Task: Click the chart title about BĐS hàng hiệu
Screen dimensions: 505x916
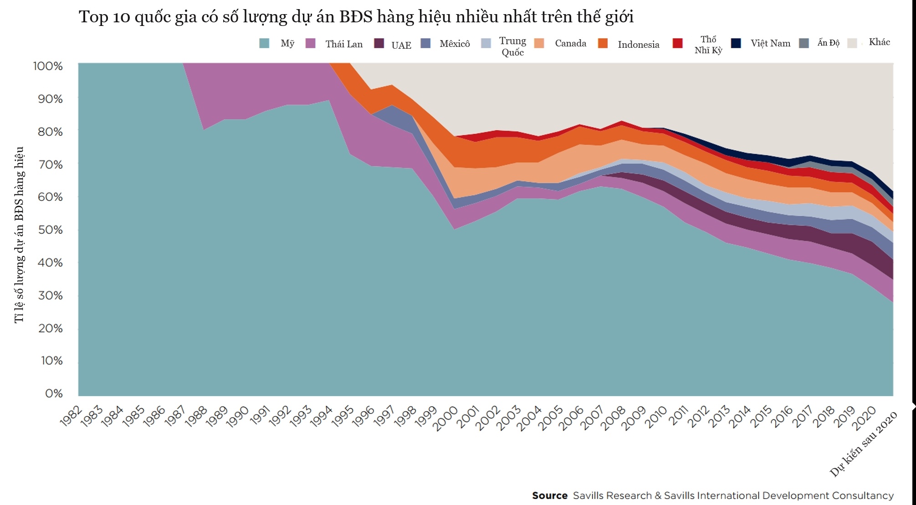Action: pyautogui.click(x=356, y=17)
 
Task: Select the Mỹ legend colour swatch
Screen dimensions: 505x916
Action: pyautogui.click(x=264, y=44)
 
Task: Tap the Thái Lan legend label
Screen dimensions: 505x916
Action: pyautogui.click(x=344, y=44)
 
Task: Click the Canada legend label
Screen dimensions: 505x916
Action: pyautogui.click(x=570, y=44)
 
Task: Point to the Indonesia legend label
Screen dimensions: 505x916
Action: pyautogui.click(x=638, y=45)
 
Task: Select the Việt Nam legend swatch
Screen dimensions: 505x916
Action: pyautogui.click(x=736, y=43)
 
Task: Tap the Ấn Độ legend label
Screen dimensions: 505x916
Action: pyautogui.click(x=828, y=43)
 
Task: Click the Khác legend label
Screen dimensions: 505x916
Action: pyautogui.click(x=879, y=42)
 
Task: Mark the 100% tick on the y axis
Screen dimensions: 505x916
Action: pyautogui.click(x=48, y=66)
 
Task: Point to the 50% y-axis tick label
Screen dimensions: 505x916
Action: pyautogui.click(x=50, y=230)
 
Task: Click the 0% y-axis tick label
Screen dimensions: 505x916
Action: pyautogui.click(x=54, y=393)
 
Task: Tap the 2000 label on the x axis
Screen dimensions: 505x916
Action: pyautogui.click(x=445, y=418)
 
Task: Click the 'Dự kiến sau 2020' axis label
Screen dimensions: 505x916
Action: pyautogui.click(x=864, y=444)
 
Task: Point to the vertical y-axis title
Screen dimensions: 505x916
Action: pyautogui.click(x=19, y=235)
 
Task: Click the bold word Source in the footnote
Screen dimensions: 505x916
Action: pyautogui.click(x=549, y=495)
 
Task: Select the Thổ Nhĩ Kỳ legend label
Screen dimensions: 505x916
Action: pyautogui.click(x=708, y=45)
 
